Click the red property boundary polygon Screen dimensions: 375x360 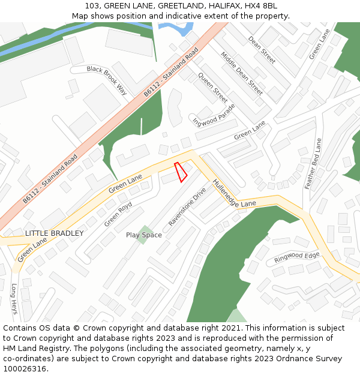point(181,172)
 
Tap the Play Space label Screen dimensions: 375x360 point(144,235)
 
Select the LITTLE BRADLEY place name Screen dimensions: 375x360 point(55,233)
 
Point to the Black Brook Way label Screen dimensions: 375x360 point(107,80)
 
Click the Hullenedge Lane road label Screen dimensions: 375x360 point(234,194)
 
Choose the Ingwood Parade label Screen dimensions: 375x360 point(214,115)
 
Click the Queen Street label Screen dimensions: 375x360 point(213,88)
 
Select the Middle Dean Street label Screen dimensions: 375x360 point(242,73)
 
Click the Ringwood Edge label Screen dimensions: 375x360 point(296,257)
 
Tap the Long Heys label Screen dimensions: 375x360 point(13,298)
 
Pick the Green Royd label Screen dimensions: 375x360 point(118,214)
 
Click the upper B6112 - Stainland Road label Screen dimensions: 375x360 point(170,73)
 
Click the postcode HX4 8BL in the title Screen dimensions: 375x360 point(260,6)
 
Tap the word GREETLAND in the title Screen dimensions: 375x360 point(179,6)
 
